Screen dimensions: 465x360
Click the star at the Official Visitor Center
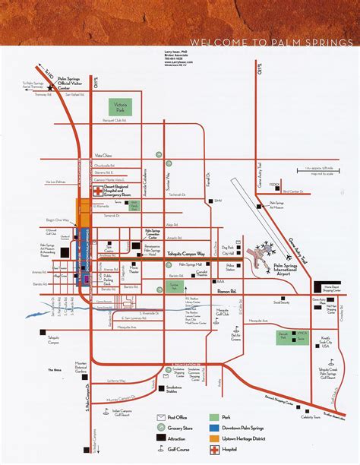[50, 88]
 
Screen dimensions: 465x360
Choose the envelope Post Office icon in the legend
[162, 417]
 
